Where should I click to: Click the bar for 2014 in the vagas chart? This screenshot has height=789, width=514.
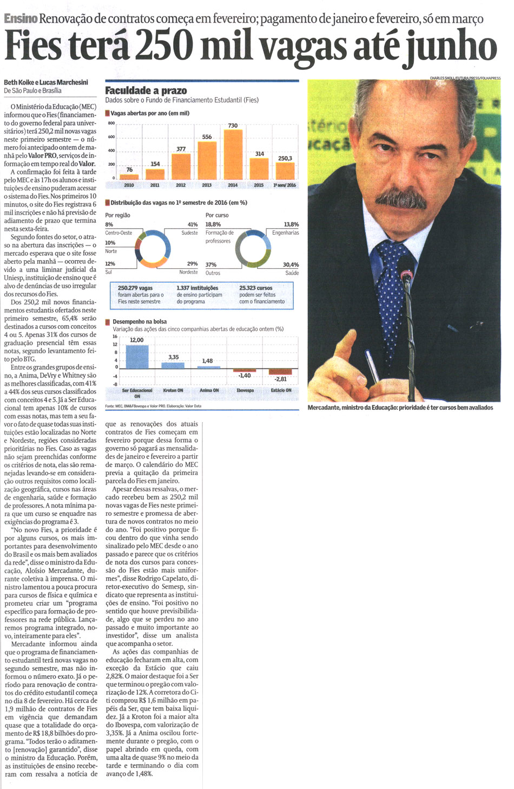(x=233, y=155)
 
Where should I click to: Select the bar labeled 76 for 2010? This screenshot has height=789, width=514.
(x=129, y=177)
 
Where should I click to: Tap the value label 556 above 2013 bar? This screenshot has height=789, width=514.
(x=207, y=137)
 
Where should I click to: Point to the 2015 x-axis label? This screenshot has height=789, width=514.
(x=259, y=185)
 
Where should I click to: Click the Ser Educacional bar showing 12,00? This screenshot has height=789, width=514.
(x=136, y=356)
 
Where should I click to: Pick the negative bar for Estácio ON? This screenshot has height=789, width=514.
(x=280, y=372)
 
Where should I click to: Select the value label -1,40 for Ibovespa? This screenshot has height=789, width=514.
(x=245, y=375)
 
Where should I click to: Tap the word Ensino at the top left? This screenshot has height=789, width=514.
(x=20, y=19)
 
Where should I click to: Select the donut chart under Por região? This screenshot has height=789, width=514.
(x=152, y=249)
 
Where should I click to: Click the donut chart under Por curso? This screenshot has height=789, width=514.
(x=253, y=249)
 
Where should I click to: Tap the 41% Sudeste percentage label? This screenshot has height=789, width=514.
(x=192, y=224)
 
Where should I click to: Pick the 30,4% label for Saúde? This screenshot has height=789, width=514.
(x=291, y=265)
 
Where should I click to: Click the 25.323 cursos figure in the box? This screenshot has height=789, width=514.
(x=256, y=288)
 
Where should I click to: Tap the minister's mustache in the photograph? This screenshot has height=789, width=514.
(x=401, y=199)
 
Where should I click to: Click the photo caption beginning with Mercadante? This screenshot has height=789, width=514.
(x=400, y=408)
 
